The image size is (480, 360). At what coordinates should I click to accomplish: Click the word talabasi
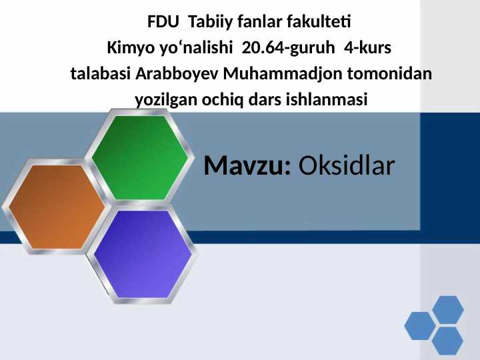point(101,74)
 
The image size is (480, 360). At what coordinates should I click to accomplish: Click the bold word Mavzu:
point(247,166)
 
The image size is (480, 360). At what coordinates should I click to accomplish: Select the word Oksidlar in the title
point(347,166)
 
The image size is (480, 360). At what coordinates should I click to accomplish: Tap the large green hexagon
point(140,156)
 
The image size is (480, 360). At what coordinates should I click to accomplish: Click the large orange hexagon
point(56,205)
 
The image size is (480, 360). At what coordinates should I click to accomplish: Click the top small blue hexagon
point(447,309)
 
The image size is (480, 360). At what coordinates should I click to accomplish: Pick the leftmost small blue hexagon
point(420,325)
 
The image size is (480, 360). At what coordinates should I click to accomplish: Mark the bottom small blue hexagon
point(447,341)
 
